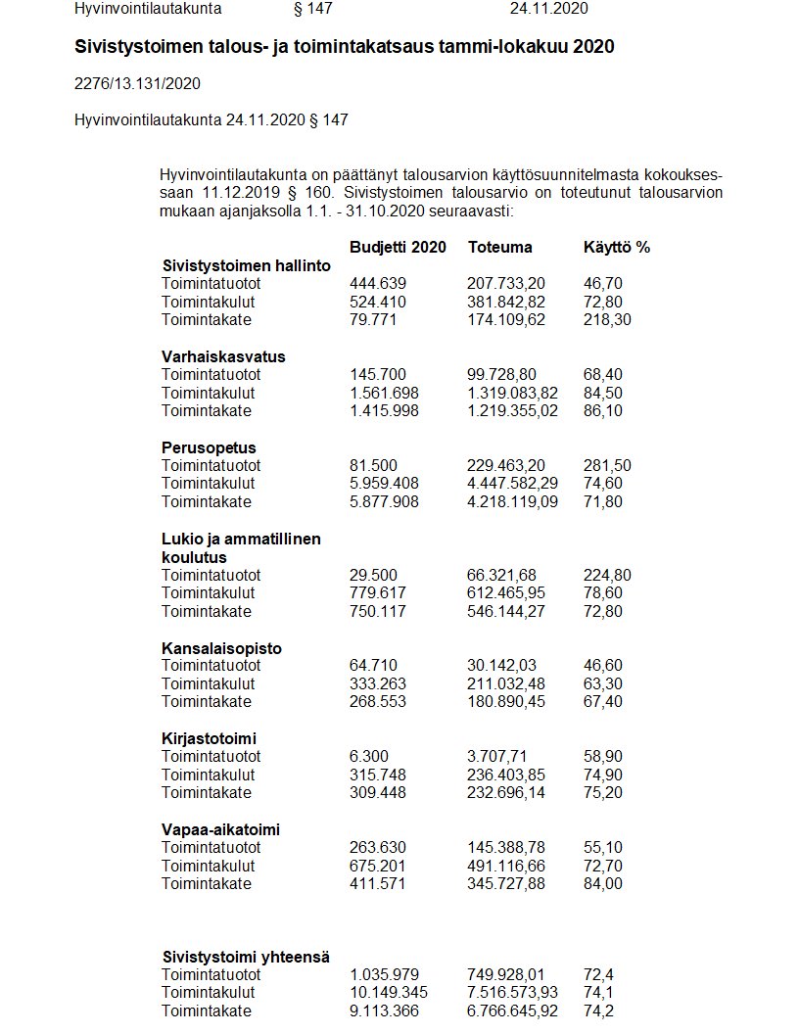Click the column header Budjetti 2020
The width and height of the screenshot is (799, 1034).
pos(398,247)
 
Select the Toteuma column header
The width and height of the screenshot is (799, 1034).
pos(499,247)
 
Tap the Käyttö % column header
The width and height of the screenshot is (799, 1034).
pos(616,247)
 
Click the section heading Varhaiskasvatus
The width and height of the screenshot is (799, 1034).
pos(223,356)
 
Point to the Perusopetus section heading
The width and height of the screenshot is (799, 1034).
pos(209,447)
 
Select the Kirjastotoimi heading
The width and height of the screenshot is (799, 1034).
pos(209,738)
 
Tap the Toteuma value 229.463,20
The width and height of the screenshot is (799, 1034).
pos(506,465)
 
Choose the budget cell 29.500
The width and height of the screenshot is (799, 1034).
pos(373,575)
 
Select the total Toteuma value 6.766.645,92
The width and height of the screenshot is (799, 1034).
pos(512,1011)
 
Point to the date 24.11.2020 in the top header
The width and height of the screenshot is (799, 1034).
pos(548,9)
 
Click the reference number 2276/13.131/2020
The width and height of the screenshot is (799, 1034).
pos(138,84)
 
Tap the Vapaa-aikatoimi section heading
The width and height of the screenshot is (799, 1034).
pos(220,829)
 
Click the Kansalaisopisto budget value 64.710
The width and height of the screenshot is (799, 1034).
pos(373,666)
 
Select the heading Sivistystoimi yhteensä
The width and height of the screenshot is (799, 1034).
pos(245,957)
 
